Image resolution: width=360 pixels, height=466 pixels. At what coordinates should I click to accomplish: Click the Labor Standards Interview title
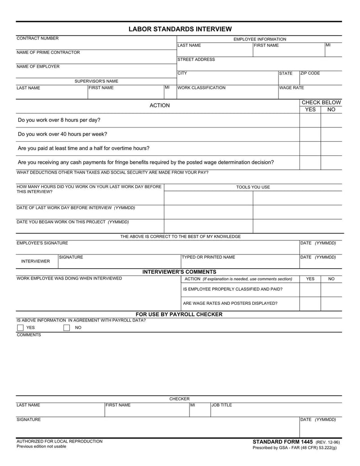coord(180,29)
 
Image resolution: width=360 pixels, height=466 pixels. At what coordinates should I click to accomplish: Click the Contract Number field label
coord(37,38)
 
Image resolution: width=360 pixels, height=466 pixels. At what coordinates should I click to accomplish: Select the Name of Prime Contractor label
coord(48,52)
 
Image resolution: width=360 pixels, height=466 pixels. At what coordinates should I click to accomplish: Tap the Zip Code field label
coord(310,73)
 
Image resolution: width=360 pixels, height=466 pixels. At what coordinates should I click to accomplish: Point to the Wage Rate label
coord(292,88)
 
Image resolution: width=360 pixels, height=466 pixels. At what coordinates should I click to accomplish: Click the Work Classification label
coord(202,88)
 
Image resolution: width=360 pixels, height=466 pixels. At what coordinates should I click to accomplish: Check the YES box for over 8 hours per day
coord(310,121)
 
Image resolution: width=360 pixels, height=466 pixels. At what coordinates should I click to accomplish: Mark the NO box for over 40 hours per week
coord(331,134)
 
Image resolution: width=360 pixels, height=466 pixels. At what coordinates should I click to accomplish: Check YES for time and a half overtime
coord(310,148)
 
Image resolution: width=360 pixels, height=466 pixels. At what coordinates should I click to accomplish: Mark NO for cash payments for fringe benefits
coord(331,162)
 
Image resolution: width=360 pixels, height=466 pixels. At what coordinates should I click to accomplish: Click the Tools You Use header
coord(253,187)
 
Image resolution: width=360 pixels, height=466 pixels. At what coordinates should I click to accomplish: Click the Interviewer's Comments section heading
coord(180,272)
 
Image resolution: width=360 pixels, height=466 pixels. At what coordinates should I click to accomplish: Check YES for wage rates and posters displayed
coord(310,303)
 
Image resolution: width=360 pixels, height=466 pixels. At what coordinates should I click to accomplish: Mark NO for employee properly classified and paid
coord(331,289)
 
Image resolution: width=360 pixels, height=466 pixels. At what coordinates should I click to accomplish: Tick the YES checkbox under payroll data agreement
coord(20,328)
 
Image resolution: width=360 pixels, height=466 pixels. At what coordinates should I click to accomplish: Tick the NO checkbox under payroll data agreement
coord(67,328)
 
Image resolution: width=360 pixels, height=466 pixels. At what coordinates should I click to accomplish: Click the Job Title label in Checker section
coord(222,405)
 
